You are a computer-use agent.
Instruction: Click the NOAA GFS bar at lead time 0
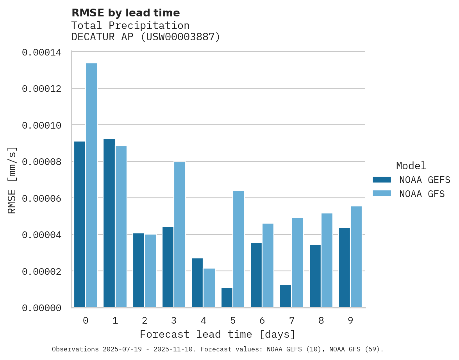click(91, 185)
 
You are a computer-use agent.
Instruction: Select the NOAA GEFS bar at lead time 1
click(109, 223)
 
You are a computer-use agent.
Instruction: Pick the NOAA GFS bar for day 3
click(180, 235)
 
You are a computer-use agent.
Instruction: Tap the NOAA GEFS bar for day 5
click(227, 298)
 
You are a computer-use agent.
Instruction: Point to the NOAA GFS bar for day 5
click(239, 249)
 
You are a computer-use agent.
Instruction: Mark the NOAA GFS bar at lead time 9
click(356, 257)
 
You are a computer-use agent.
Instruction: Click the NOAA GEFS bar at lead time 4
click(197, 283)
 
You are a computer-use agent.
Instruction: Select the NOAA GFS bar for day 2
click(150, 271)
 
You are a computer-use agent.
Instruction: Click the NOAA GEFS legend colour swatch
click(382, 180)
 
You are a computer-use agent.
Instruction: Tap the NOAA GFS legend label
click(422, 194)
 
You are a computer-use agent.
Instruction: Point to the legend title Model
click(411, 166)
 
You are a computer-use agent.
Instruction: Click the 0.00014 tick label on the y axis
click(41, 52)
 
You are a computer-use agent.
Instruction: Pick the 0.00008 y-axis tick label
click(41, 162)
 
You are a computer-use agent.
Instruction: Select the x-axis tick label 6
click(262, 321)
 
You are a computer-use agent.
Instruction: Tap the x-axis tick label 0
click(86, 321)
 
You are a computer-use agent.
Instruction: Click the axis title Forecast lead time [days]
click(218, 335)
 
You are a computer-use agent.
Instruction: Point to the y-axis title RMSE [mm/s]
click(12, 180)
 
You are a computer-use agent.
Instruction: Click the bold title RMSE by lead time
click(125, 13)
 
